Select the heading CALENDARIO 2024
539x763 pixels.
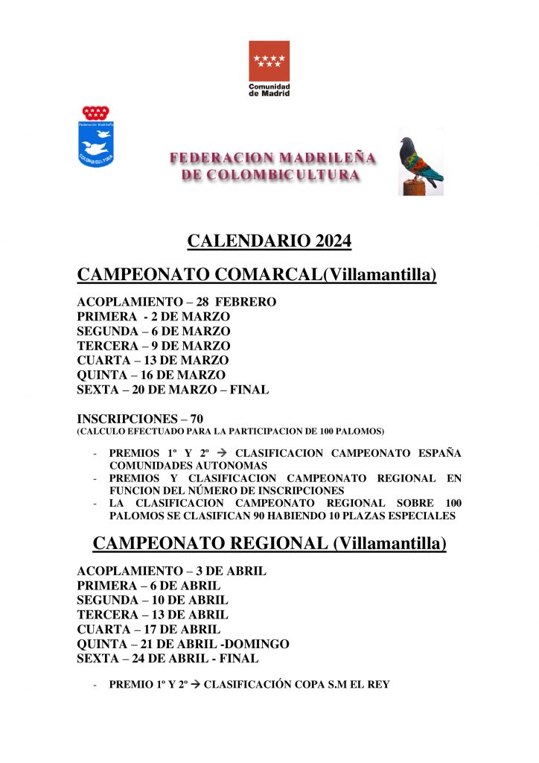click(269, 241)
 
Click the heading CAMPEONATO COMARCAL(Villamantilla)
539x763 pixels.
click(257, 275)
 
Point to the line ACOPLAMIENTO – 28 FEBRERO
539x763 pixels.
click(176, 302)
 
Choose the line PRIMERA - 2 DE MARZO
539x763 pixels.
click(153, 317)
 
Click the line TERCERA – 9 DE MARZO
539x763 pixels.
click(153, 346)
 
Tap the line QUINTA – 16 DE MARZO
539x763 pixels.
click(151, 375)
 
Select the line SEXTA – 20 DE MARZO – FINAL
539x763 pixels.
click(173, 390)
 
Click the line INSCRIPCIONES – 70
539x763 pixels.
click(140, 419)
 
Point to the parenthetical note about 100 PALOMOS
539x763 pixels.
click(231, 431)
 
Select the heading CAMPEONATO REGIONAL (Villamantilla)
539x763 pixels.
click(269, 544)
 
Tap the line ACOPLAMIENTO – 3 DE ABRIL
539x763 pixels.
click(172, 571)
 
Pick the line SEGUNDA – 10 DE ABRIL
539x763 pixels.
click(153, 600)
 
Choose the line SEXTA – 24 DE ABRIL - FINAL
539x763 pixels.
click(168, 659)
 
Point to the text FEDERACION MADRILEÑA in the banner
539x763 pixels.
click(272, 158)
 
